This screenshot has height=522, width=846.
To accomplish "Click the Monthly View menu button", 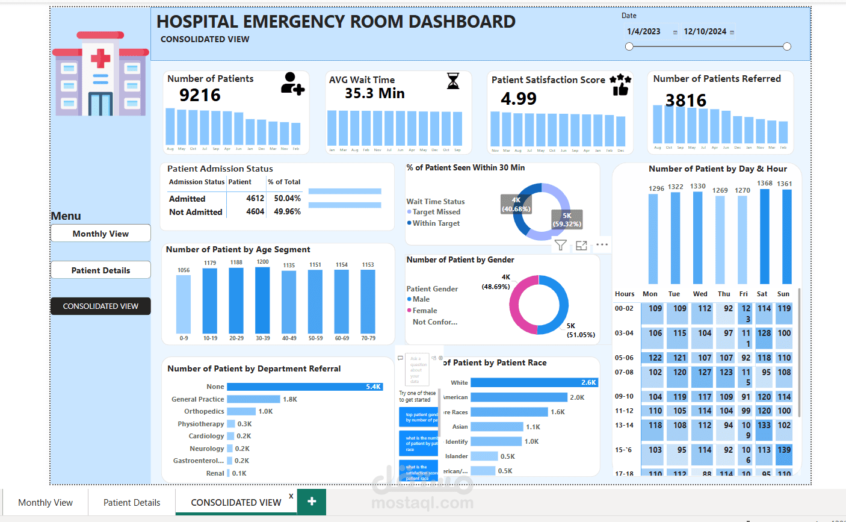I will point(100,234).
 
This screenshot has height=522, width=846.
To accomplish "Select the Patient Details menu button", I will point(100,270).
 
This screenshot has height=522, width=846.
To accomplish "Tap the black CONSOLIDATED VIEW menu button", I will point(100,306).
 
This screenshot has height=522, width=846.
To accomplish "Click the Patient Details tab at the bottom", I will point(132,502).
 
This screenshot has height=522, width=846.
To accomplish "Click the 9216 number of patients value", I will point(200,95).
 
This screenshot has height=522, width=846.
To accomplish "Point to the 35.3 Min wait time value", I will point(374,93).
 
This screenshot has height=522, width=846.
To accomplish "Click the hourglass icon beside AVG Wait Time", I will point(453,81).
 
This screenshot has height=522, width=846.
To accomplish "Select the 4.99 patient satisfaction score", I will point(518,99).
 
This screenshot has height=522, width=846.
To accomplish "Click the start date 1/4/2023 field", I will point(644,32).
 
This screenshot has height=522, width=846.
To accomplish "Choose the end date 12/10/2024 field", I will point(705,32).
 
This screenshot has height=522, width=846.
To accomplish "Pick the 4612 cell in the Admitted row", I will point(255,198).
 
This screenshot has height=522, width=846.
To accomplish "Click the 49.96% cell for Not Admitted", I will point(287,212).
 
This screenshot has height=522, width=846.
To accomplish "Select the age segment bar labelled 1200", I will point(263,300).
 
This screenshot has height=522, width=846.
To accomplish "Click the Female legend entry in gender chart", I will point(424,311).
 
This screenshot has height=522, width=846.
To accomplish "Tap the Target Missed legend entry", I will point(436,212).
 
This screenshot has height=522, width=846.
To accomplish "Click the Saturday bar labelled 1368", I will point(764,236).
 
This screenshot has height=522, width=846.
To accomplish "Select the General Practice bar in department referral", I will point(253,399).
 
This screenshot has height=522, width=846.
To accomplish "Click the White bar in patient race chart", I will point(534,382).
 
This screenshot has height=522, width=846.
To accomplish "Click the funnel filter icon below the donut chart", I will point(560,245).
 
